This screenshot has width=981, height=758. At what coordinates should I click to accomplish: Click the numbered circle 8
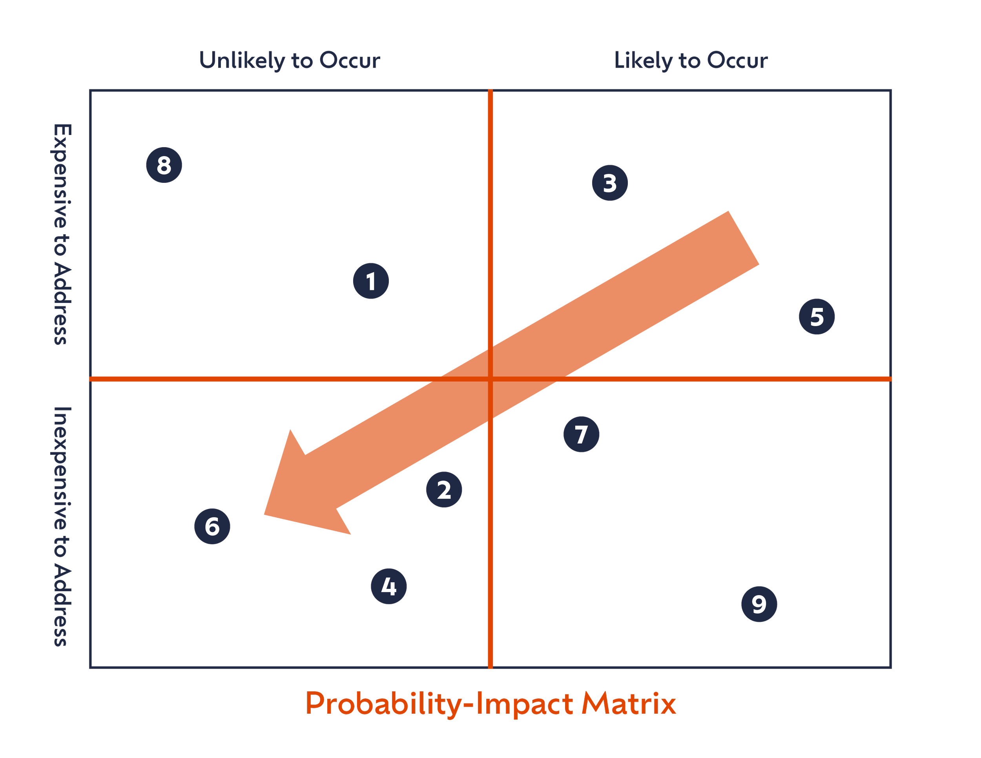tap(164, 165)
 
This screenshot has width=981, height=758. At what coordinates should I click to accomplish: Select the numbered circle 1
tap(370, 281)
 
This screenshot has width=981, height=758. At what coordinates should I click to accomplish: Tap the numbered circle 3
tap(609, 183)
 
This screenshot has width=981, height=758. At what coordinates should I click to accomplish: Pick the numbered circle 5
tap(817, 317)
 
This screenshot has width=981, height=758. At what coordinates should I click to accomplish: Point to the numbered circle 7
tap(581, 434)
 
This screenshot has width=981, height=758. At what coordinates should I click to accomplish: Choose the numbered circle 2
tap(444, 490)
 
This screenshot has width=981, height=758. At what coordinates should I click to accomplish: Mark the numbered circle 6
tap(212, 526)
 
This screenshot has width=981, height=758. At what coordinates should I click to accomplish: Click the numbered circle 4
tap(389, 586)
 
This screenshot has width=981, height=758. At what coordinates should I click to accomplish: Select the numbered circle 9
tap(759, 604)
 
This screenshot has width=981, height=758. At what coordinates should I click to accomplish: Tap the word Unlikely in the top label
tap(242, 61)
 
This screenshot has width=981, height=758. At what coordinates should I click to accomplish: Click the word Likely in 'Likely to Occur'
tap(643, 61)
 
